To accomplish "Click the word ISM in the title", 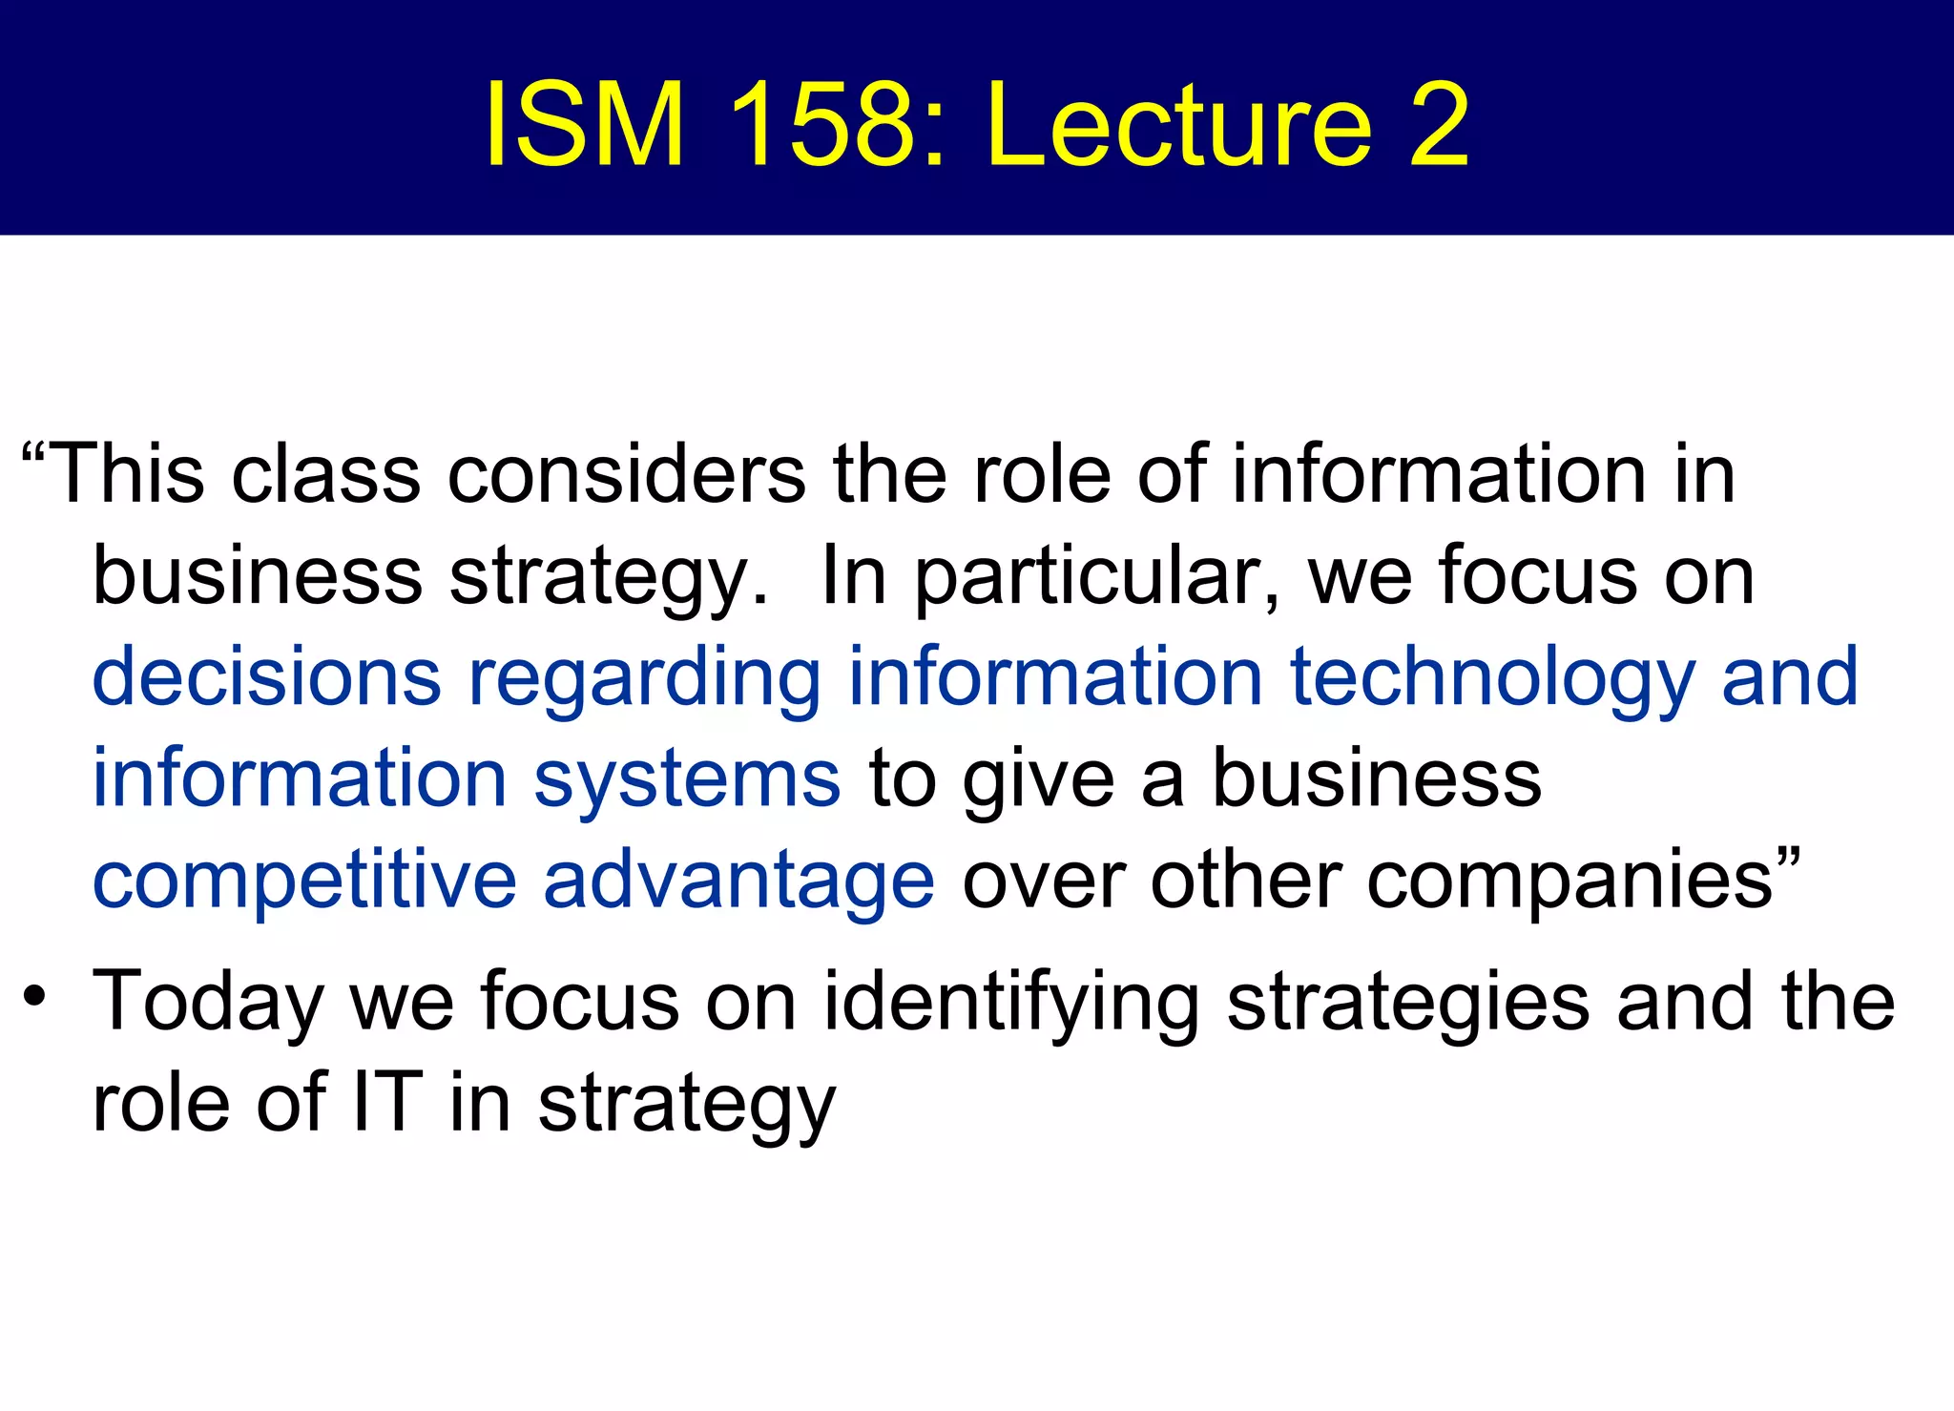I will coord(584,125).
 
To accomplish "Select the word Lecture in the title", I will coord(1179,125).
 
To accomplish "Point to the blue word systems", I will coord(687,780).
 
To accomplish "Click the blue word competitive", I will coord(304,882).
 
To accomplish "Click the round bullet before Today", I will coord(35,998).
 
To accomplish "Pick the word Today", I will coord(208,1003).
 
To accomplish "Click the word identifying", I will coord(1010,1003).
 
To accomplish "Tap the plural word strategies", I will coord(1407,1003).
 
